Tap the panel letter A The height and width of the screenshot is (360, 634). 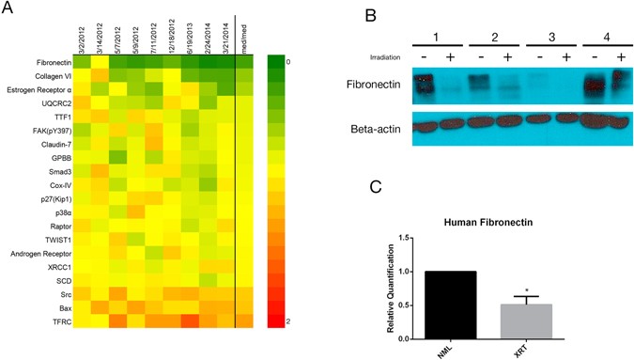tap(8, 13)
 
